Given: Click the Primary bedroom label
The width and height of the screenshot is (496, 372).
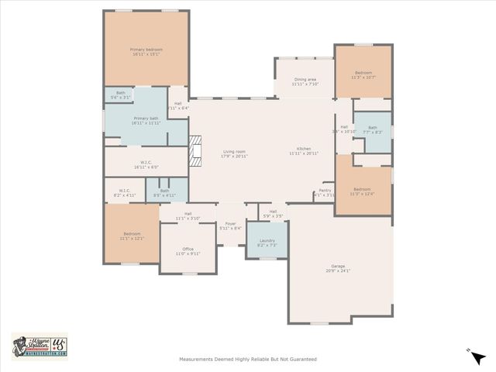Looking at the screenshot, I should (x=146, y=52).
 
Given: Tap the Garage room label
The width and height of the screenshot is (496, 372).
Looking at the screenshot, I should (x=339, y=268).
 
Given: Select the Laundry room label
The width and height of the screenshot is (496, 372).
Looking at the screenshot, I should (x=267, y=243).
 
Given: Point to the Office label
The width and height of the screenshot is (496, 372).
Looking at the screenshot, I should (x=188, y=250).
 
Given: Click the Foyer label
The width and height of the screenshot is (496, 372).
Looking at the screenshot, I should (x=230, y=226).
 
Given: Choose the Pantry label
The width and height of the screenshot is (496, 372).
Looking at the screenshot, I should (x=325, y=192).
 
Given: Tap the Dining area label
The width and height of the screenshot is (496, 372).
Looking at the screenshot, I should (x=305, y=81).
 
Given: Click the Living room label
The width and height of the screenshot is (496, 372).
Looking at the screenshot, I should (x=234, y=153).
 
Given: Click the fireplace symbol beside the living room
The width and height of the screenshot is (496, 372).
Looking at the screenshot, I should (x=195, y=150).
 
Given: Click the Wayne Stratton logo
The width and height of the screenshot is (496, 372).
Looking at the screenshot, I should (x=40, y=346).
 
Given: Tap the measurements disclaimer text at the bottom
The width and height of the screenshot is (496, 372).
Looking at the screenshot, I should (x=247, y=359).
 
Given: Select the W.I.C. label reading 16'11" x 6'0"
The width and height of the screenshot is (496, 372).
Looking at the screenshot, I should (x=146, y=164).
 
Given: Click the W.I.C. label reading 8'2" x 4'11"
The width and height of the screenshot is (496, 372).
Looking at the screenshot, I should (x=125, y=191).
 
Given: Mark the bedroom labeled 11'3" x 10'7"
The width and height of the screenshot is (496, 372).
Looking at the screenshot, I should (x=363, y=75).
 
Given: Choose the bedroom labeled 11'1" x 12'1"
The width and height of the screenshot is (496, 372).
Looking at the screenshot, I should (x=132, y=236).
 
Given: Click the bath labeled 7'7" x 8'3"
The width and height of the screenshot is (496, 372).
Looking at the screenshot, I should (x=373, y=130).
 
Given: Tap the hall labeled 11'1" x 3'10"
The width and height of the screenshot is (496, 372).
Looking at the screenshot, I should (x=188, y=216).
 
